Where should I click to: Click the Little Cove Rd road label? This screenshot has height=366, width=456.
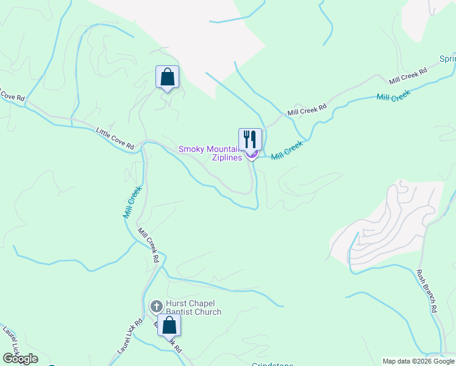click(x=115, y=138)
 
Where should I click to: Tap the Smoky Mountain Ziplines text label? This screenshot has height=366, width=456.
click(x=210, y=153)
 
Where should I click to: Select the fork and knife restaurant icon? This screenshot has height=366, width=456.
click(x=250, y=139)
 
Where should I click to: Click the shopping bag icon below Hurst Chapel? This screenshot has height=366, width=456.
click(x=169, y=325)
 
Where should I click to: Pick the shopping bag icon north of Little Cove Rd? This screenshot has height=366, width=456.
click(x=167, y=77)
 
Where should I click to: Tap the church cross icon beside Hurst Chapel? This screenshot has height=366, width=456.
click(x=156, y=306)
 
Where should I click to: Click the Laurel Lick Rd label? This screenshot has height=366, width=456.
click(x=129, y=337)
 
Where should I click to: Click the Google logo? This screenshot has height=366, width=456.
click(x=20, y=358)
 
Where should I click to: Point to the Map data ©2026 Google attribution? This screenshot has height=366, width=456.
click(x=418, y=361)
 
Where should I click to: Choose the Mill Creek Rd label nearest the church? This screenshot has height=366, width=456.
click(x=148, y=245)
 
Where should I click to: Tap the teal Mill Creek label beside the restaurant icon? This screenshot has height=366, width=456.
click(x=287, y=149)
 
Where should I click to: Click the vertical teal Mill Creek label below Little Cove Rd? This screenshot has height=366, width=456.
click(x=132, y=202)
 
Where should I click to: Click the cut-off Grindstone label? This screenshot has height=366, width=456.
click(x=273, y=364)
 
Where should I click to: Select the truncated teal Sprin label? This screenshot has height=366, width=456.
click(x=447, y=60)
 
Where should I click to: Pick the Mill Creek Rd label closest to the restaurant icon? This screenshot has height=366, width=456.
click(x=307, y=109)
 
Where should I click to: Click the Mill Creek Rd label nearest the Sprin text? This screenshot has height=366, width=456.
click(x=408, y=76)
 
